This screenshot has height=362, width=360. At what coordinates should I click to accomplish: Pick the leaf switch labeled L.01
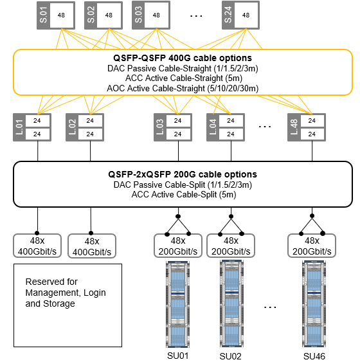[x=33, y=127]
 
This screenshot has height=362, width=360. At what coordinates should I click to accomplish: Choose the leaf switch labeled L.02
[x=85, y=127]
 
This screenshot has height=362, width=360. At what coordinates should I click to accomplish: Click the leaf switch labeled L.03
[x=174, y=127]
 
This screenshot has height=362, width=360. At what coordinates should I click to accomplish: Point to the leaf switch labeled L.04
[x=226, y=127]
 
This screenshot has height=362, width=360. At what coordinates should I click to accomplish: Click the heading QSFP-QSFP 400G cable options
[x=183, y=59]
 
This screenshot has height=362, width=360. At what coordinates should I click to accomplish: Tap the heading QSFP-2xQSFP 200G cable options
[x=183, y=174]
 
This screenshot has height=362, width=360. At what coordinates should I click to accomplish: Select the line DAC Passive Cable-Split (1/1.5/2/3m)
[x=183, y=184]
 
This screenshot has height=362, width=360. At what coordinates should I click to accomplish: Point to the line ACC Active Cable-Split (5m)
[x=183, y=194]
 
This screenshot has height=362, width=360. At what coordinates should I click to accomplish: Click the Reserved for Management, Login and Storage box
[x=68, y=303]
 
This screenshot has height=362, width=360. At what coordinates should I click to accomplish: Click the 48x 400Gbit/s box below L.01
[x=38, y=246]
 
